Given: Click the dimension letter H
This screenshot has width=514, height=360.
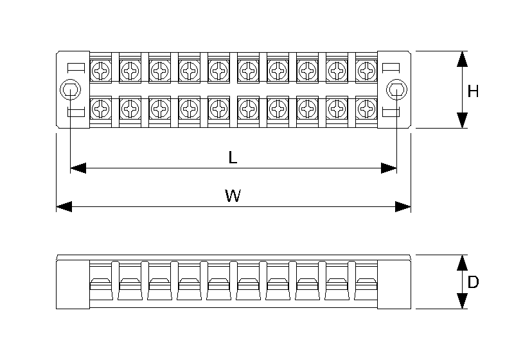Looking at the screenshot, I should (x=473, y=92).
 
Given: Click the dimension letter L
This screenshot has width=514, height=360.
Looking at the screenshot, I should (x=233, y=158).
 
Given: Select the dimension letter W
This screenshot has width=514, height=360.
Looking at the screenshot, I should (x=233, y=197).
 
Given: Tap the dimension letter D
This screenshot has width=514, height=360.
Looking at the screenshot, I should (x=473, y=282).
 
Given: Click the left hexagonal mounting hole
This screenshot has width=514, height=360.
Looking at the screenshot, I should (x=69, y=90).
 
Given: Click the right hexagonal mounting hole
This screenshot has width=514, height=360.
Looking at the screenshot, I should (x=396, y=90).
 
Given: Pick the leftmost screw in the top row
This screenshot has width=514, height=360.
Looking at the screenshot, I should (x=101, y=69).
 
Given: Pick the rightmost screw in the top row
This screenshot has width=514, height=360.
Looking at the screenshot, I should (x=366, y=69).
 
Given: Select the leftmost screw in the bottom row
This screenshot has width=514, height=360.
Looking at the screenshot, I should (x=101, y=109).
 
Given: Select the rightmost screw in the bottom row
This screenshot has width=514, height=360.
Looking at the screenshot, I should (x=366, y=109).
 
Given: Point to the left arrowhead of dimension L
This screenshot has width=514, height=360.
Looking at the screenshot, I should (x=78, y=168).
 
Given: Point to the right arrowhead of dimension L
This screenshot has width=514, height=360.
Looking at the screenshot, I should (x=388, y=168).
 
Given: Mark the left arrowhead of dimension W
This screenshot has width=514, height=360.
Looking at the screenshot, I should (x=64, y=207).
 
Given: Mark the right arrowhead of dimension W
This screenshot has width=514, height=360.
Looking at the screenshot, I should (x=403, y=207).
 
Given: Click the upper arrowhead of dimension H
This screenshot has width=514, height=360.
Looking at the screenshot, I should (x=461, y=59).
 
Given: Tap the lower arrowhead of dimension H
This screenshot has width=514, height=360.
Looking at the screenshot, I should (x=461, y=120).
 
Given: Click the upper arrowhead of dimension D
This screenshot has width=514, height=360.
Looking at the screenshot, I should (x=461, y=262).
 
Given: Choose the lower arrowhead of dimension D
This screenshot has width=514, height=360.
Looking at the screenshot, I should (x=461, y=301).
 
